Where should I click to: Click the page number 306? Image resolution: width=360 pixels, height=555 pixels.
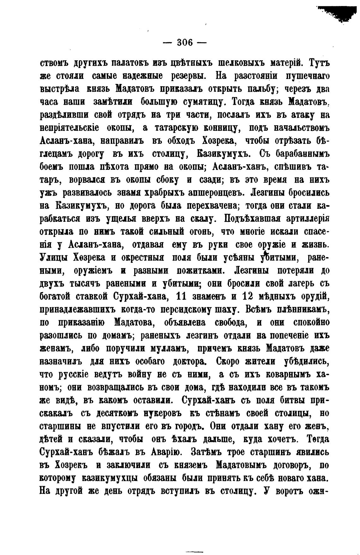(x=185, y=42)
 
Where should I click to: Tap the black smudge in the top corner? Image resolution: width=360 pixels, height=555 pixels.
(x=339, y=11)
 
